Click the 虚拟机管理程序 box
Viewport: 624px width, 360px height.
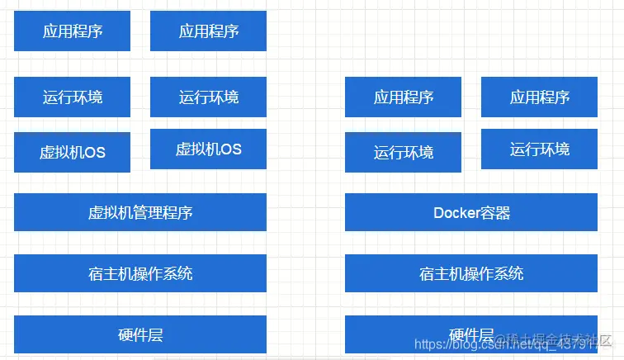point(140,212)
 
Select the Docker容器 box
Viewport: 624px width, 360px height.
point(471,212)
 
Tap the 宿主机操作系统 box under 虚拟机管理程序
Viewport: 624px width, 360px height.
point(140,273)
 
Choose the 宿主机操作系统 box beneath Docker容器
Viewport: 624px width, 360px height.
point(471,273)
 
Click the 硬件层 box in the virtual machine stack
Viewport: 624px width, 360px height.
point(140,334)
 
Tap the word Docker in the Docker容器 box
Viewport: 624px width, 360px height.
point(456,213)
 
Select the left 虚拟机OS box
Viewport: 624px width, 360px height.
point(73,152)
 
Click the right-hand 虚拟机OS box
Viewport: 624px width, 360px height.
point(208,149)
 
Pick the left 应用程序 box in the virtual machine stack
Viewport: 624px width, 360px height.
point(73,31)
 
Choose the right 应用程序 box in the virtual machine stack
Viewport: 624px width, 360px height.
point(208,31)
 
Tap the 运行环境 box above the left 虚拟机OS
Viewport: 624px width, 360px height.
point(73,97)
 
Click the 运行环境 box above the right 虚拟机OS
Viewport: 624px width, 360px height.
point(208,97)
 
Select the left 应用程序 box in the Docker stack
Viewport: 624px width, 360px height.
point(404,97)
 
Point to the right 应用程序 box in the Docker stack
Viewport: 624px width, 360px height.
point(539,97)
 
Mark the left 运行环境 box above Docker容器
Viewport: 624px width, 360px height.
point(404,152)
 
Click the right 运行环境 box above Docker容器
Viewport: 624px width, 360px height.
point(539,149)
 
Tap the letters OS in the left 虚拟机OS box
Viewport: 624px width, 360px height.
point(95,153)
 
